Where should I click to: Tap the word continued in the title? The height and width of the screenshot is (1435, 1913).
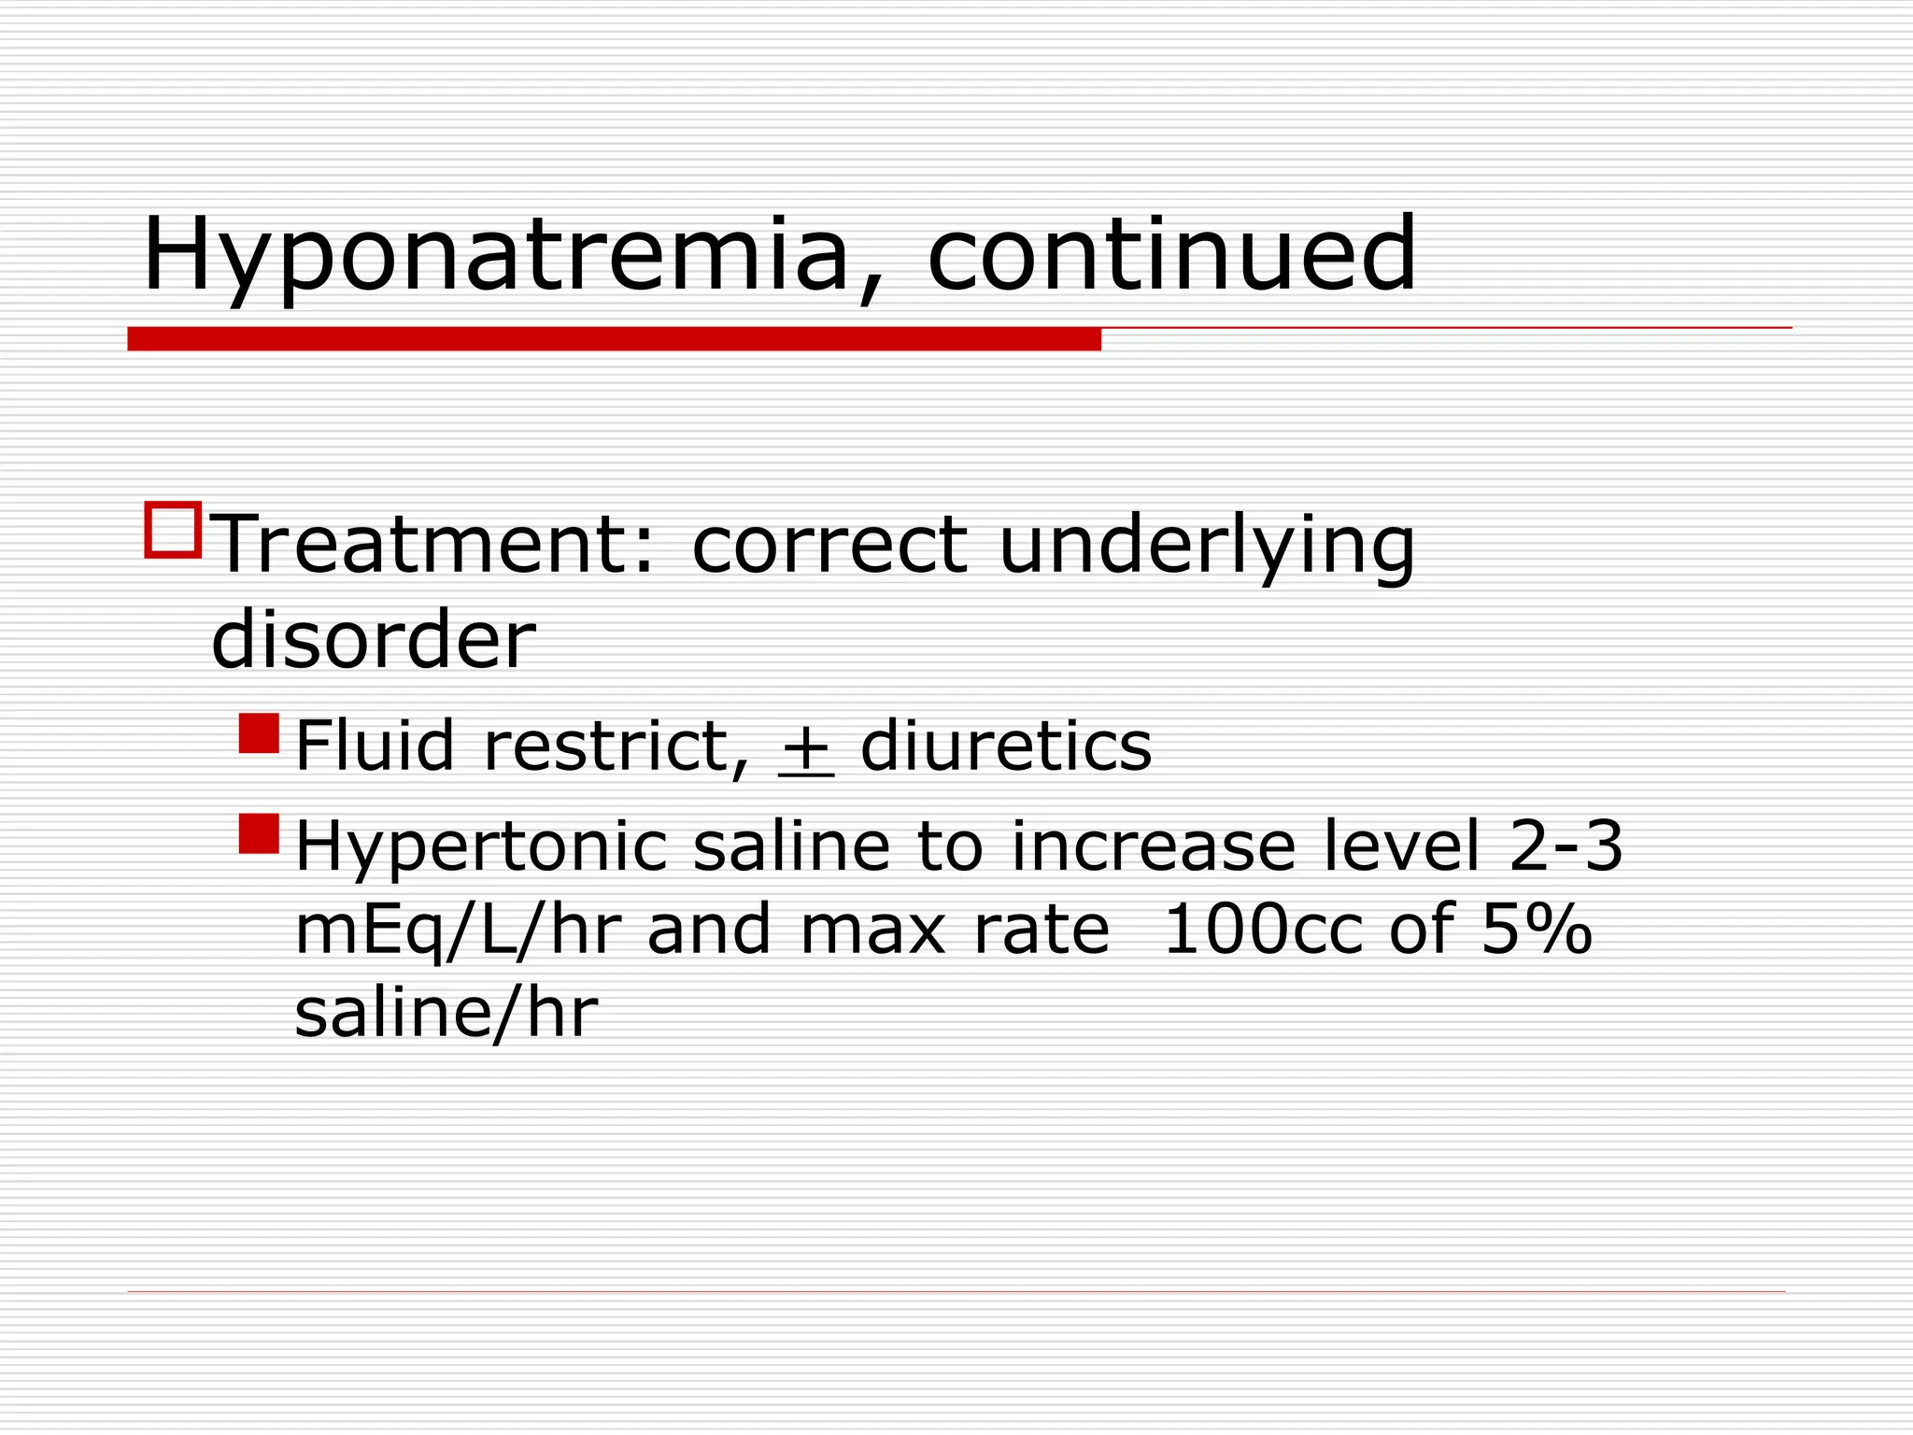[1171, 254]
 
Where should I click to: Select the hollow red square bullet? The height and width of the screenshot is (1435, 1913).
[173, 530]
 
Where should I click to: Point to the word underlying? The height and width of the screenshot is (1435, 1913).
[1206, 547]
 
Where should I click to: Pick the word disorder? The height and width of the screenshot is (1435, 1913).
[374, 640]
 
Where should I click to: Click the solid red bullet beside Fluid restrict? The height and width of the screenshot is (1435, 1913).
[259, 733]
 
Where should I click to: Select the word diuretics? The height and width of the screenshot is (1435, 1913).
[1006, 746]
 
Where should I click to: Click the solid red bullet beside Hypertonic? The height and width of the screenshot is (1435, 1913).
[259, 833]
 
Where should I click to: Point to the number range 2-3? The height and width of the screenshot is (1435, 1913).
[1566, 845]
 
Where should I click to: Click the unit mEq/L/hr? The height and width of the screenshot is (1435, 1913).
[458, 931]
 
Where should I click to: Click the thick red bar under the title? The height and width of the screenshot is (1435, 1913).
[614, 338]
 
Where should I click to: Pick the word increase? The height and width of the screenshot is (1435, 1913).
[1154, 846]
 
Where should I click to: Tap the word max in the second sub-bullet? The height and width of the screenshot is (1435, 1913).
[873, 931]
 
